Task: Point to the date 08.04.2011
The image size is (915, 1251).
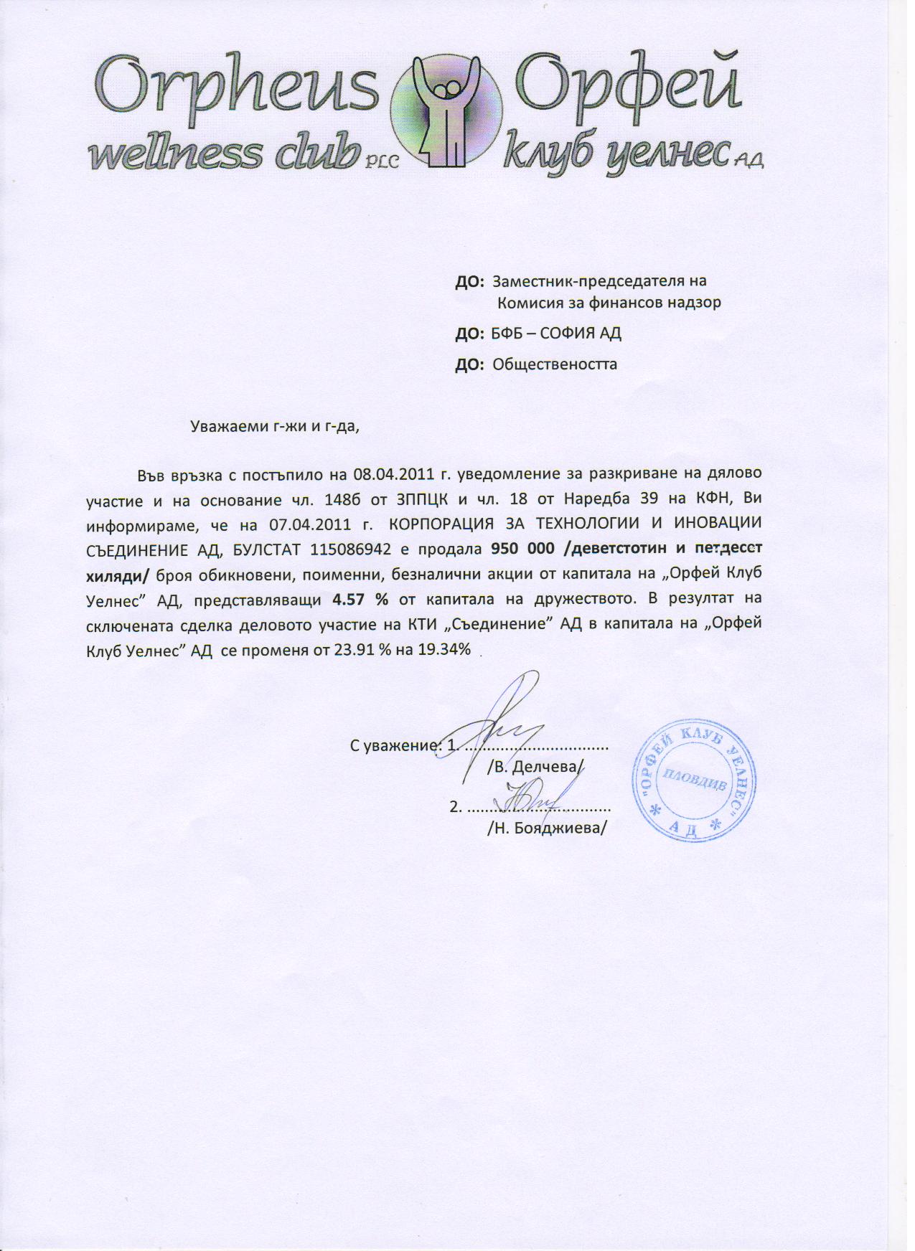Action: coord(392,474)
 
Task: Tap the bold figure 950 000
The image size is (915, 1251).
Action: coord(522,549)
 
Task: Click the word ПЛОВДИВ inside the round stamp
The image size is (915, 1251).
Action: coord(693,780)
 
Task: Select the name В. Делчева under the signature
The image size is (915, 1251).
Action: coord(535,767)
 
